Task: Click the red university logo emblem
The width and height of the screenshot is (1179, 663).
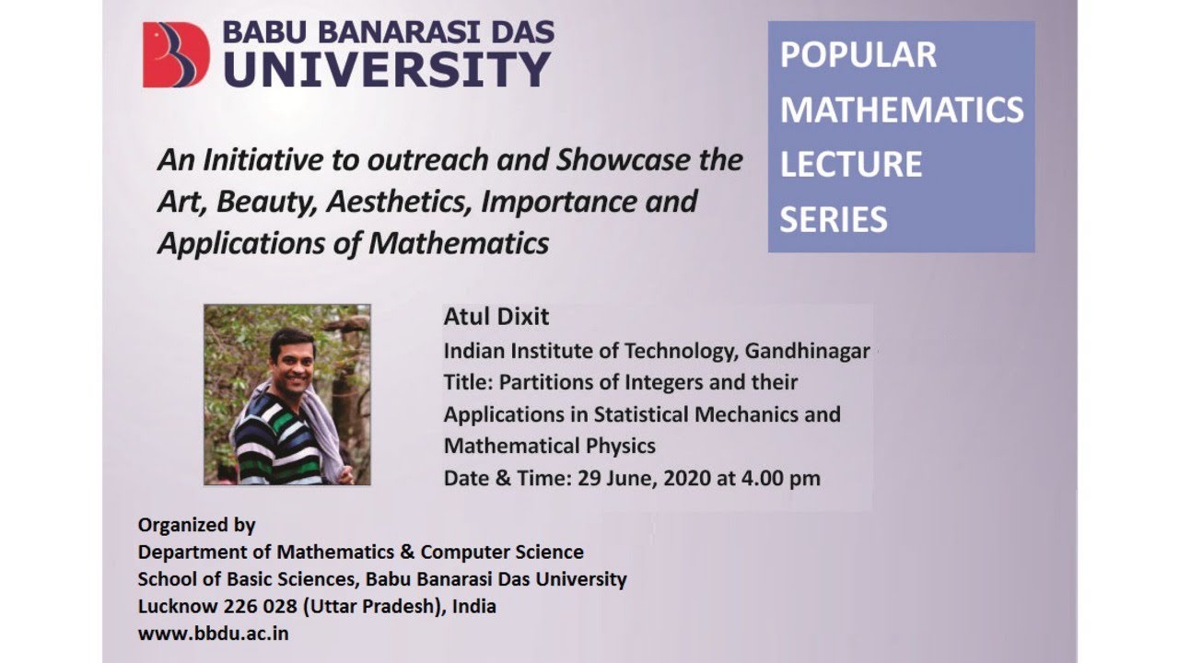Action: [176, 55]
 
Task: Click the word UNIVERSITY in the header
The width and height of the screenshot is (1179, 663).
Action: [387, 69]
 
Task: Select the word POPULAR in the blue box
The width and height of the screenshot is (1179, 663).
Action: [858, 55]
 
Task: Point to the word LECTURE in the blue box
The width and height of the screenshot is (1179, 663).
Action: [851, 165]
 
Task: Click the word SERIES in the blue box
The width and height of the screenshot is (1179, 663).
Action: [834, 220]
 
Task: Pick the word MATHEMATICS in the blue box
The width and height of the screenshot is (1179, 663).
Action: [902, 110]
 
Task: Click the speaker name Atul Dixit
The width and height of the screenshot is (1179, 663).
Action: [496, 317]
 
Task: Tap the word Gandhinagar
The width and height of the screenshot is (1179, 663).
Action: [807, 351]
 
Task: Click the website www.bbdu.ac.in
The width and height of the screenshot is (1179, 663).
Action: [213, 634]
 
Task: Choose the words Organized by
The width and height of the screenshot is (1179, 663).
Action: [196, 525]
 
